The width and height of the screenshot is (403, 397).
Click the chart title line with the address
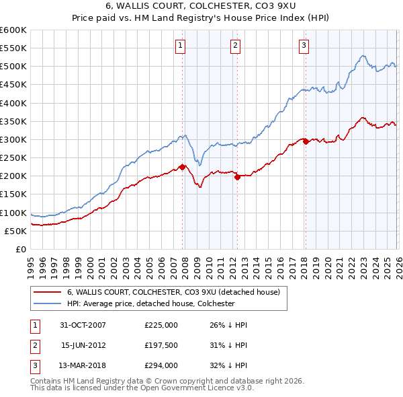pyautogui.click(x=201, y=6)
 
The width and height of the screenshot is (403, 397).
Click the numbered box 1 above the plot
pyautogui.click(x=181, y=46)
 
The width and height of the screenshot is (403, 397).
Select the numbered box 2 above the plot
pyautogui.click(x=236, y=46)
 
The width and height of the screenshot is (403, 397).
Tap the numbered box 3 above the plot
pyautogui.click(x=304, y=46)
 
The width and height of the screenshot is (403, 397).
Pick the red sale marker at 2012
pyautogui.click(x=237, y=177)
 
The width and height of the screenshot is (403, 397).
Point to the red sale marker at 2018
pyautogui.click(x=306, y=141)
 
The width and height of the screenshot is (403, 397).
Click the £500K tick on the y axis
pyautogui.click(x=13, y=67)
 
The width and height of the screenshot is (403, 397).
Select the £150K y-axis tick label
pyautogui.click(x=13, y=194)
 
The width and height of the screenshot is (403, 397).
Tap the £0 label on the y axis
pyautogui.click(x=20, y=249)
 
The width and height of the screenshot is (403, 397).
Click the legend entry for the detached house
pyautogui.click(x=177, y=292)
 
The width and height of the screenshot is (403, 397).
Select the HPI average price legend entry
pyautogui.click(x=150, y=303)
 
